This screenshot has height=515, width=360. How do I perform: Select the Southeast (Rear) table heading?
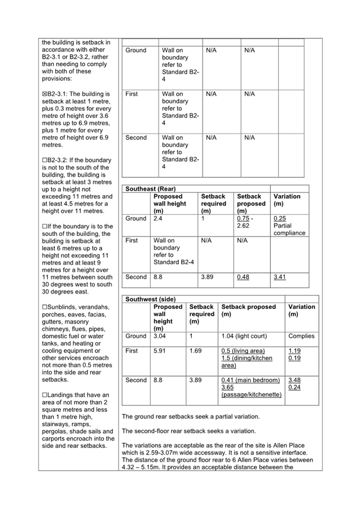[x=149, y=189]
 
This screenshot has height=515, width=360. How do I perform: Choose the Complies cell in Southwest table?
[x=301, y=336]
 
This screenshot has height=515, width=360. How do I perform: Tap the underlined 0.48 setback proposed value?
[x=243, y=277]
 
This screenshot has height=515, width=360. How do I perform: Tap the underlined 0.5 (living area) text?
[x=243, y=351]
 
